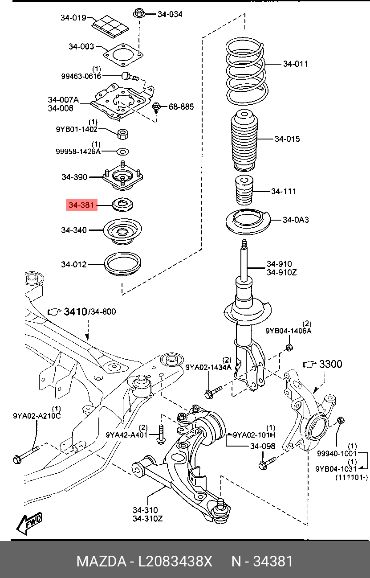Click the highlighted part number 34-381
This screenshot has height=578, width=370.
(x=81, y=205)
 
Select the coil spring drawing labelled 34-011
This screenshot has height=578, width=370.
(x=246, y=71)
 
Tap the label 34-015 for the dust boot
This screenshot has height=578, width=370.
(x=287, y=139)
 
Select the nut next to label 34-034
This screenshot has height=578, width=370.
(x=138, y=14)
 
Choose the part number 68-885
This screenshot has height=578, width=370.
(x=181, y=107)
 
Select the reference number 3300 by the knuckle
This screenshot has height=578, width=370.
(x=330, y=365)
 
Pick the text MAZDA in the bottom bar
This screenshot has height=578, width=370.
(x=101, y=561)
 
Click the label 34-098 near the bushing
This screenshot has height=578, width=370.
(x=262, y=446)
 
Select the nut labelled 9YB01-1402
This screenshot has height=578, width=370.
(x=123, y=133)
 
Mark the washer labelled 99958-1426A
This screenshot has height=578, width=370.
(x=123, y=151)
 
